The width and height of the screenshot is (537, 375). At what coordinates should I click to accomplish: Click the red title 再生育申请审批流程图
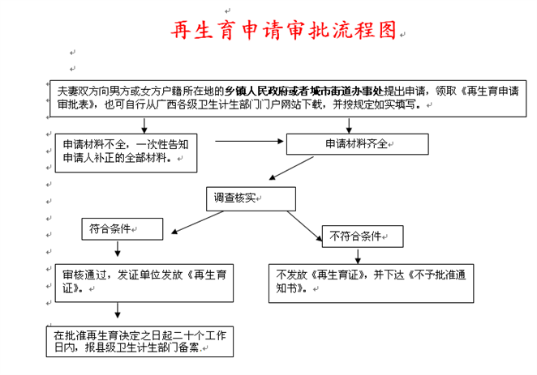[284, 31]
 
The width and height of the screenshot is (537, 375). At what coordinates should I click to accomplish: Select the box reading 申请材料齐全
[359, 143]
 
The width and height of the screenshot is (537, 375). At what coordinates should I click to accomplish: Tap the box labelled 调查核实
[236, 197]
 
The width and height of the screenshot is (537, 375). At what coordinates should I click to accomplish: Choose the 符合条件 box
[121, 229]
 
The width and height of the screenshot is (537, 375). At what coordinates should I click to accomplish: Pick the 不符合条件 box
[363, 236]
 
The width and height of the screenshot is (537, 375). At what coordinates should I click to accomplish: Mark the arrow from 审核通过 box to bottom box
[119, 309]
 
